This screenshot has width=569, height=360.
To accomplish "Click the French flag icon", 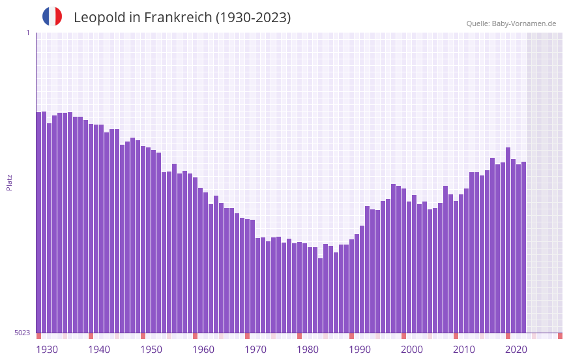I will [x=52, y=16].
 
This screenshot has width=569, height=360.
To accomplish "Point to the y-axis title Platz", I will [x=9, y=182].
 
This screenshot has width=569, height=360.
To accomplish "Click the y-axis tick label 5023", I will [x=22, y=333].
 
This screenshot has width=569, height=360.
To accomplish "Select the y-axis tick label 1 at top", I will [x=27, y=33].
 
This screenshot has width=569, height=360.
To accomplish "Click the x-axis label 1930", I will [x=47, y=350].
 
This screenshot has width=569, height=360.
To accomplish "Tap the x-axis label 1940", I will [x=99, y=350].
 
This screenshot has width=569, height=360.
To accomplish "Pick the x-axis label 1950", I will [x=151, y=350].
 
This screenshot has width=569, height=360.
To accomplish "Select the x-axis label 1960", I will [x=203, y=350].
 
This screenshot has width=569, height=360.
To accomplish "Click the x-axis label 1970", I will [x=255, y=350].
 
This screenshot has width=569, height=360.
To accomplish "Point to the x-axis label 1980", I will [x=308, y=350].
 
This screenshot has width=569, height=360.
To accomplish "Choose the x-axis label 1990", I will [x=360, y=350].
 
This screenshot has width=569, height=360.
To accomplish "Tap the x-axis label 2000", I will [x=412, y=350].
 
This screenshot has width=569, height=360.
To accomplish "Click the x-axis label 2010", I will [x=464, y=350].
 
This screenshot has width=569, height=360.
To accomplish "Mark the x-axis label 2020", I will [x=516, y=350].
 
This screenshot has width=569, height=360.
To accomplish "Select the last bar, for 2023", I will [x=523, y=248].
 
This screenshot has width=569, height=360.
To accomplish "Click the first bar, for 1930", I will [x=38, y=222].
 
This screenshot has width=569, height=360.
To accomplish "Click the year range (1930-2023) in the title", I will [x=253, y=18].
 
